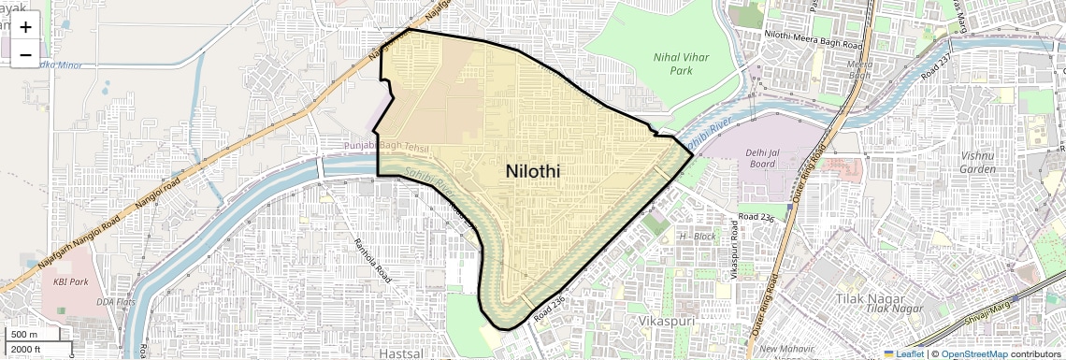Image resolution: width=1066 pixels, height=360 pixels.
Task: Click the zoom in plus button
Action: tap(25, 27)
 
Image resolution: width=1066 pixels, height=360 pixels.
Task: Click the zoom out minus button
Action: tap(25, 55)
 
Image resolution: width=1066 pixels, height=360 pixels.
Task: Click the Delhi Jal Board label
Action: tap(762, 158)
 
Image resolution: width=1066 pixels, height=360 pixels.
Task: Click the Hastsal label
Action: tap(403, 353)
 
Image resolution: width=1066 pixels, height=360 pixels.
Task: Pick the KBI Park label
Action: tap(70, 281)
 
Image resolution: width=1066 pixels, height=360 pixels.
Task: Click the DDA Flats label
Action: tap(115, 303)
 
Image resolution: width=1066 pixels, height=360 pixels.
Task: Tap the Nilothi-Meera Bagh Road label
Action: tap(813, 44)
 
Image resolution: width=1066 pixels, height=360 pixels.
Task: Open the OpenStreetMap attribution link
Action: tap(973, 353)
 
